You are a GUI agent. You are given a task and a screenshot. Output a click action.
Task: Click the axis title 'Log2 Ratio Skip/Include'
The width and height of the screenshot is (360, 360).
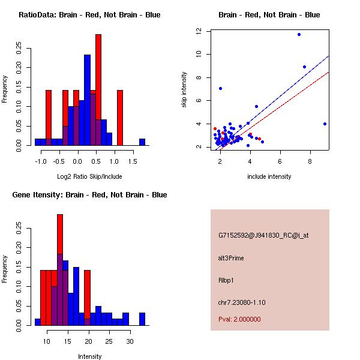pos(89,176)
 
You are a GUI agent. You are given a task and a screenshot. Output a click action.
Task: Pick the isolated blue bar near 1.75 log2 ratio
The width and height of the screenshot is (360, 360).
pos(142,142)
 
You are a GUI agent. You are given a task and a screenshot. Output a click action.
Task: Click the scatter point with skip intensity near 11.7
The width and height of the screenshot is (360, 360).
pos(299,34)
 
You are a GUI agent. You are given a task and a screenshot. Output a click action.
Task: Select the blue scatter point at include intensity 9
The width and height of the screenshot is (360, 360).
pos(325,124)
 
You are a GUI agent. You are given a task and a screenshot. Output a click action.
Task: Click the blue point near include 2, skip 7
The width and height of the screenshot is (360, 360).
pos(221,88)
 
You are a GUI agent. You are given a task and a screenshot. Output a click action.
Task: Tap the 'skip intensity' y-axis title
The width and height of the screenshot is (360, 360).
pos(184,90)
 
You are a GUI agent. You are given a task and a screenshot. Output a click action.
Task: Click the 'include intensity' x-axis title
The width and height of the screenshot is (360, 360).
pos(269,176)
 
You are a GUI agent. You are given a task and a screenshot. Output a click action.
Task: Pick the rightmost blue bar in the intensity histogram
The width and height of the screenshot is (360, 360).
pos(142,319)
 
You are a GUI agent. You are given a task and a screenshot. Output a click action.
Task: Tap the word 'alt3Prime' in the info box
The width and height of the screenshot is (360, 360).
pos(231,258)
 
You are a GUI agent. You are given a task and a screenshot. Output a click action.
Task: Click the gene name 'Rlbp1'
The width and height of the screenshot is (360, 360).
pos(226,280)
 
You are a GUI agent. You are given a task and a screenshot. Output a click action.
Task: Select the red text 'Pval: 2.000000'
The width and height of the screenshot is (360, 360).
pos(239,319)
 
